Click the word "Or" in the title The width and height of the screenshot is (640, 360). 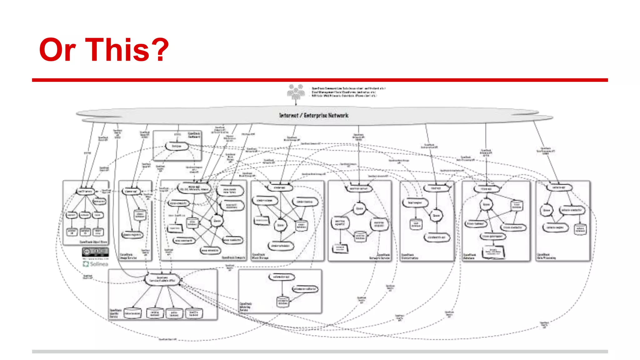(57, 50)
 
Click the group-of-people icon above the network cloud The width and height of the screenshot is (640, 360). (296, 92)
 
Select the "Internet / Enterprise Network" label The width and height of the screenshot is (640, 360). (313, 115)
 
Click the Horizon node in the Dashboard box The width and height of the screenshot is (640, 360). (177, 146)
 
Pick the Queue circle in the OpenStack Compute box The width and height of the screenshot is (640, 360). (217, 221)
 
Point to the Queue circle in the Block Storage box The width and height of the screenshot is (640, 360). (280, 225)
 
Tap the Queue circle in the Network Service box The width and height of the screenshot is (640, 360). (359, 208)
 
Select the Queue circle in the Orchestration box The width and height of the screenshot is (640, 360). (436, 215)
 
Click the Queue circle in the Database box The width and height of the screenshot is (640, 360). (487, 205)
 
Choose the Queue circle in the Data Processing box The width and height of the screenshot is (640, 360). (546, 210)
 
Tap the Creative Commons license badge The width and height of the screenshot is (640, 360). (95, 252)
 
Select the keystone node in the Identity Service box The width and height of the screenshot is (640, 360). (162, 279)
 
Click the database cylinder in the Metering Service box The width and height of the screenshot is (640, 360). (283, 301)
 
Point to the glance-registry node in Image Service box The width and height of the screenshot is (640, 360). (132, 235)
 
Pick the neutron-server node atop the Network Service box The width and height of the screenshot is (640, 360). (359, 188)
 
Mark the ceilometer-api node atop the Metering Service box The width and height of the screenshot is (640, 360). (282, 277)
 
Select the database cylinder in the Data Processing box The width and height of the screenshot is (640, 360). (580, 229)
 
